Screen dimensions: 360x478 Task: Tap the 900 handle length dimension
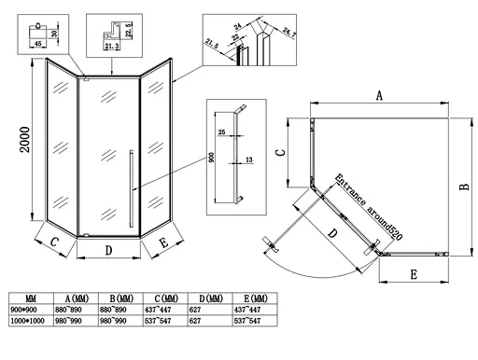pyautogui.click(x=213, y=158)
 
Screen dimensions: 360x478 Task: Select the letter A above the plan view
pyautogui.click(x=379, y=95)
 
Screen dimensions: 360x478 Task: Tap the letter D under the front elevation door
pyautogui.click(x=108, y=250)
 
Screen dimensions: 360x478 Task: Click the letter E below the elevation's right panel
pyautogui.click(x=164, y=244)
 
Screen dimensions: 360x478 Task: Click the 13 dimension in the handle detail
pyautogui.click(x=249, y=160)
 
